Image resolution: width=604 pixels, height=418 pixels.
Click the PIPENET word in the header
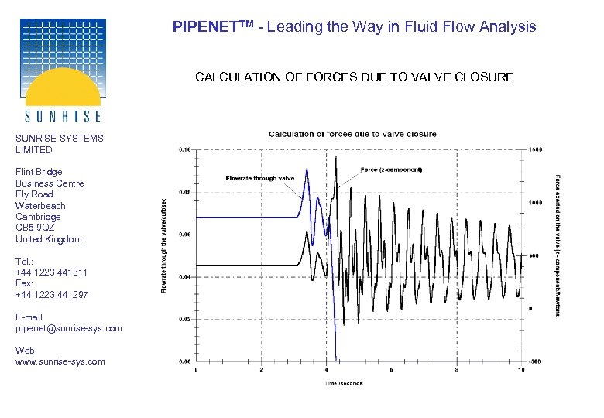pyautogui.click(x=203, y=26)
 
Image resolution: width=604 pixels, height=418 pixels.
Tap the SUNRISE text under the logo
pyautogui.click(x=63, y=116)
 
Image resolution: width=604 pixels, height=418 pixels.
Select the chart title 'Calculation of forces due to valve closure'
pyautogui.click(x=352, y=135)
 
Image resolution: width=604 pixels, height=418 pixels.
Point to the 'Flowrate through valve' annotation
pyautogui.click(x=260, y=178)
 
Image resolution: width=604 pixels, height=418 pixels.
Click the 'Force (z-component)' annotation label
pyautogui.click(x=391, y=170)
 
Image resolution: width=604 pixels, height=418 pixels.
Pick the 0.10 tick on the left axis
pyautogui.click(x=186, y=149)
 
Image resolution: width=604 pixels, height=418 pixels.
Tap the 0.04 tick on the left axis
pyautogui.click(x=186, y=276)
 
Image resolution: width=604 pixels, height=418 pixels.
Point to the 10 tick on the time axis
pyautogui.click(x=521, y=370)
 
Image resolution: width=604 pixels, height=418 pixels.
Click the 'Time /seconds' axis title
pyautogui.click(x=342, y=382)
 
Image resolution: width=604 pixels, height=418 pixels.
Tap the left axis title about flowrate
pyautogui.click(x=164, y=246)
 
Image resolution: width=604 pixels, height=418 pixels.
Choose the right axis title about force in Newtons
pyautogui.click(x=558, y=245)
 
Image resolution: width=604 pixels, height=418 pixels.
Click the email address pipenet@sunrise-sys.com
pyautogui.click(x=69, y=328)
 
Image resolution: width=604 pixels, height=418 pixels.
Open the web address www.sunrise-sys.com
pyautogui.click(x=60, y=361)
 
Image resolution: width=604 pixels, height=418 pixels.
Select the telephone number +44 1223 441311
pyautogui.click(x=51, y=272)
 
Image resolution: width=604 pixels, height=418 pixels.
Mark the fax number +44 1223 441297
pyautogui.click(x=51, y=295)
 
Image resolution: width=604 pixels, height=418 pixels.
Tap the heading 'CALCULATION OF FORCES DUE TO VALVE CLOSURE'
pyautogui.click(x=354, y=77)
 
